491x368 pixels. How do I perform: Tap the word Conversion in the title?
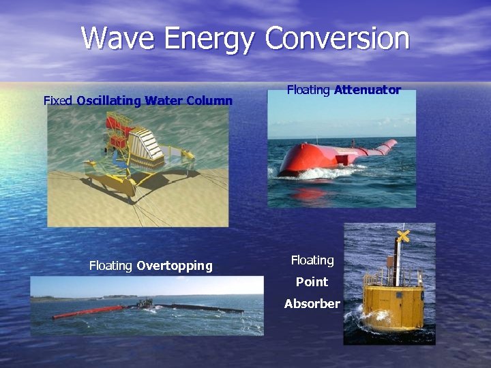(338, 38)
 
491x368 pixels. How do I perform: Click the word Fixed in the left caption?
(58, 101)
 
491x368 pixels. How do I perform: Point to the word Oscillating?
(108, 101)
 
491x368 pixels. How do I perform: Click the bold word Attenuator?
(367, 89)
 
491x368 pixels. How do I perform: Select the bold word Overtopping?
(174, 266)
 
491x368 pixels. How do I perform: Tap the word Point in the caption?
(312, 281)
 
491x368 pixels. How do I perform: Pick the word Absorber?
(312, 303)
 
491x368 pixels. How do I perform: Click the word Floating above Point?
(312, 260)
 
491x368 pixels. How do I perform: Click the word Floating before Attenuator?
(308, 89)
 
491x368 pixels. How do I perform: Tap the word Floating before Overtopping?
(110, 266)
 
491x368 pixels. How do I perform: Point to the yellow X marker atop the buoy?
(403, 236)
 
